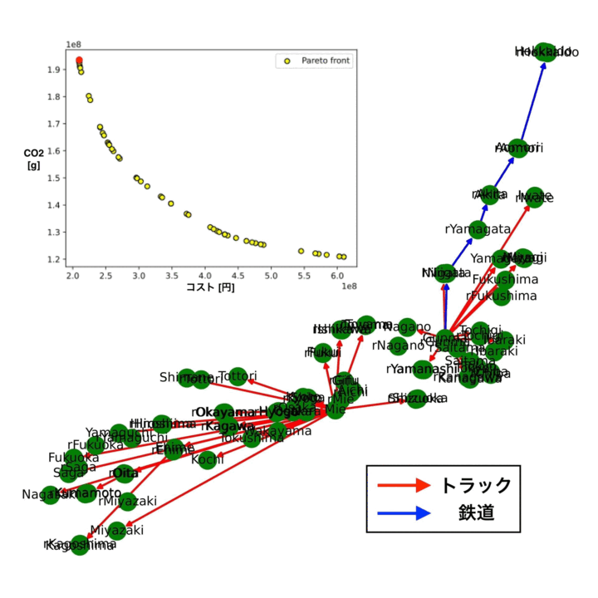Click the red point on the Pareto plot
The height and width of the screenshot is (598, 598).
pyautogui.click(x=79, y=61)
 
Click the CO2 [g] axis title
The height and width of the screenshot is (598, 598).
pyautogui.click(x=34, y=159)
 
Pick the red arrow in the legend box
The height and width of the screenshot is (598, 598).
pyautogui.click(x=404, y=485)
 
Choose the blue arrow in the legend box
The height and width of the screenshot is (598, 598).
pyautogui.click(x=404, y=514)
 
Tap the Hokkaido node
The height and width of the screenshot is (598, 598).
pyautogui.click(x=545, y=52)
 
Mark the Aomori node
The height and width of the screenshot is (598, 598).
pyautogui.click(x=517, y=149)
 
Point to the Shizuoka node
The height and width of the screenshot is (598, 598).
pyautogui.click(x=417, y=399)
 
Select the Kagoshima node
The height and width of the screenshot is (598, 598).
pyautogui.click(x=80, y=546)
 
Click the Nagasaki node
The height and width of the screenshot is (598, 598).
pyautogui.click(x=50, y=495)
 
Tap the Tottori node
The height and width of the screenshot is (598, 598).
pyautogui.click(x=238, y=376)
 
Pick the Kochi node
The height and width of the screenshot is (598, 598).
pyautogui.click(x=207, y=459)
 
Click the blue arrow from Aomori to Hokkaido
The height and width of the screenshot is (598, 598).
pyautogui.click(x=531, y=100)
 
